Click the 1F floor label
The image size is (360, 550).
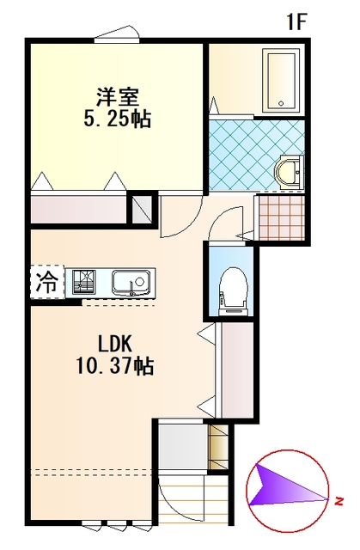[x=297, y=22]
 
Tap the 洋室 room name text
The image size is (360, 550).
[x=118, y=97]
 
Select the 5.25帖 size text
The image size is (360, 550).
[x=118, y=119]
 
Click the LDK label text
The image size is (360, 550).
[x=115, y=344]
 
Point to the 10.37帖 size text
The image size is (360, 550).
[x=115, y=366]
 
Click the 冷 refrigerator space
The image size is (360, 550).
[x=47, y=282]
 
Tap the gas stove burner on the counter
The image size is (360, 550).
[x=84, y=282]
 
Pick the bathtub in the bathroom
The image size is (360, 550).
[x=282, y=81]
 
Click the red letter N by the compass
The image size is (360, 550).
[x=339, y=501]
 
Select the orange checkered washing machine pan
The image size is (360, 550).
[x=282, y=217]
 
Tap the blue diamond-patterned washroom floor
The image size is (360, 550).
[x=256, y=155]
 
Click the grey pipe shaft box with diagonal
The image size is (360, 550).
[x=141, y=209]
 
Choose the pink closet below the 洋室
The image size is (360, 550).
[x=78, y=209]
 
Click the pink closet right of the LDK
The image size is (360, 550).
[x=238, y=370]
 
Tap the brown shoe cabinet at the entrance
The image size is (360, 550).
[x=217, y=447]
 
